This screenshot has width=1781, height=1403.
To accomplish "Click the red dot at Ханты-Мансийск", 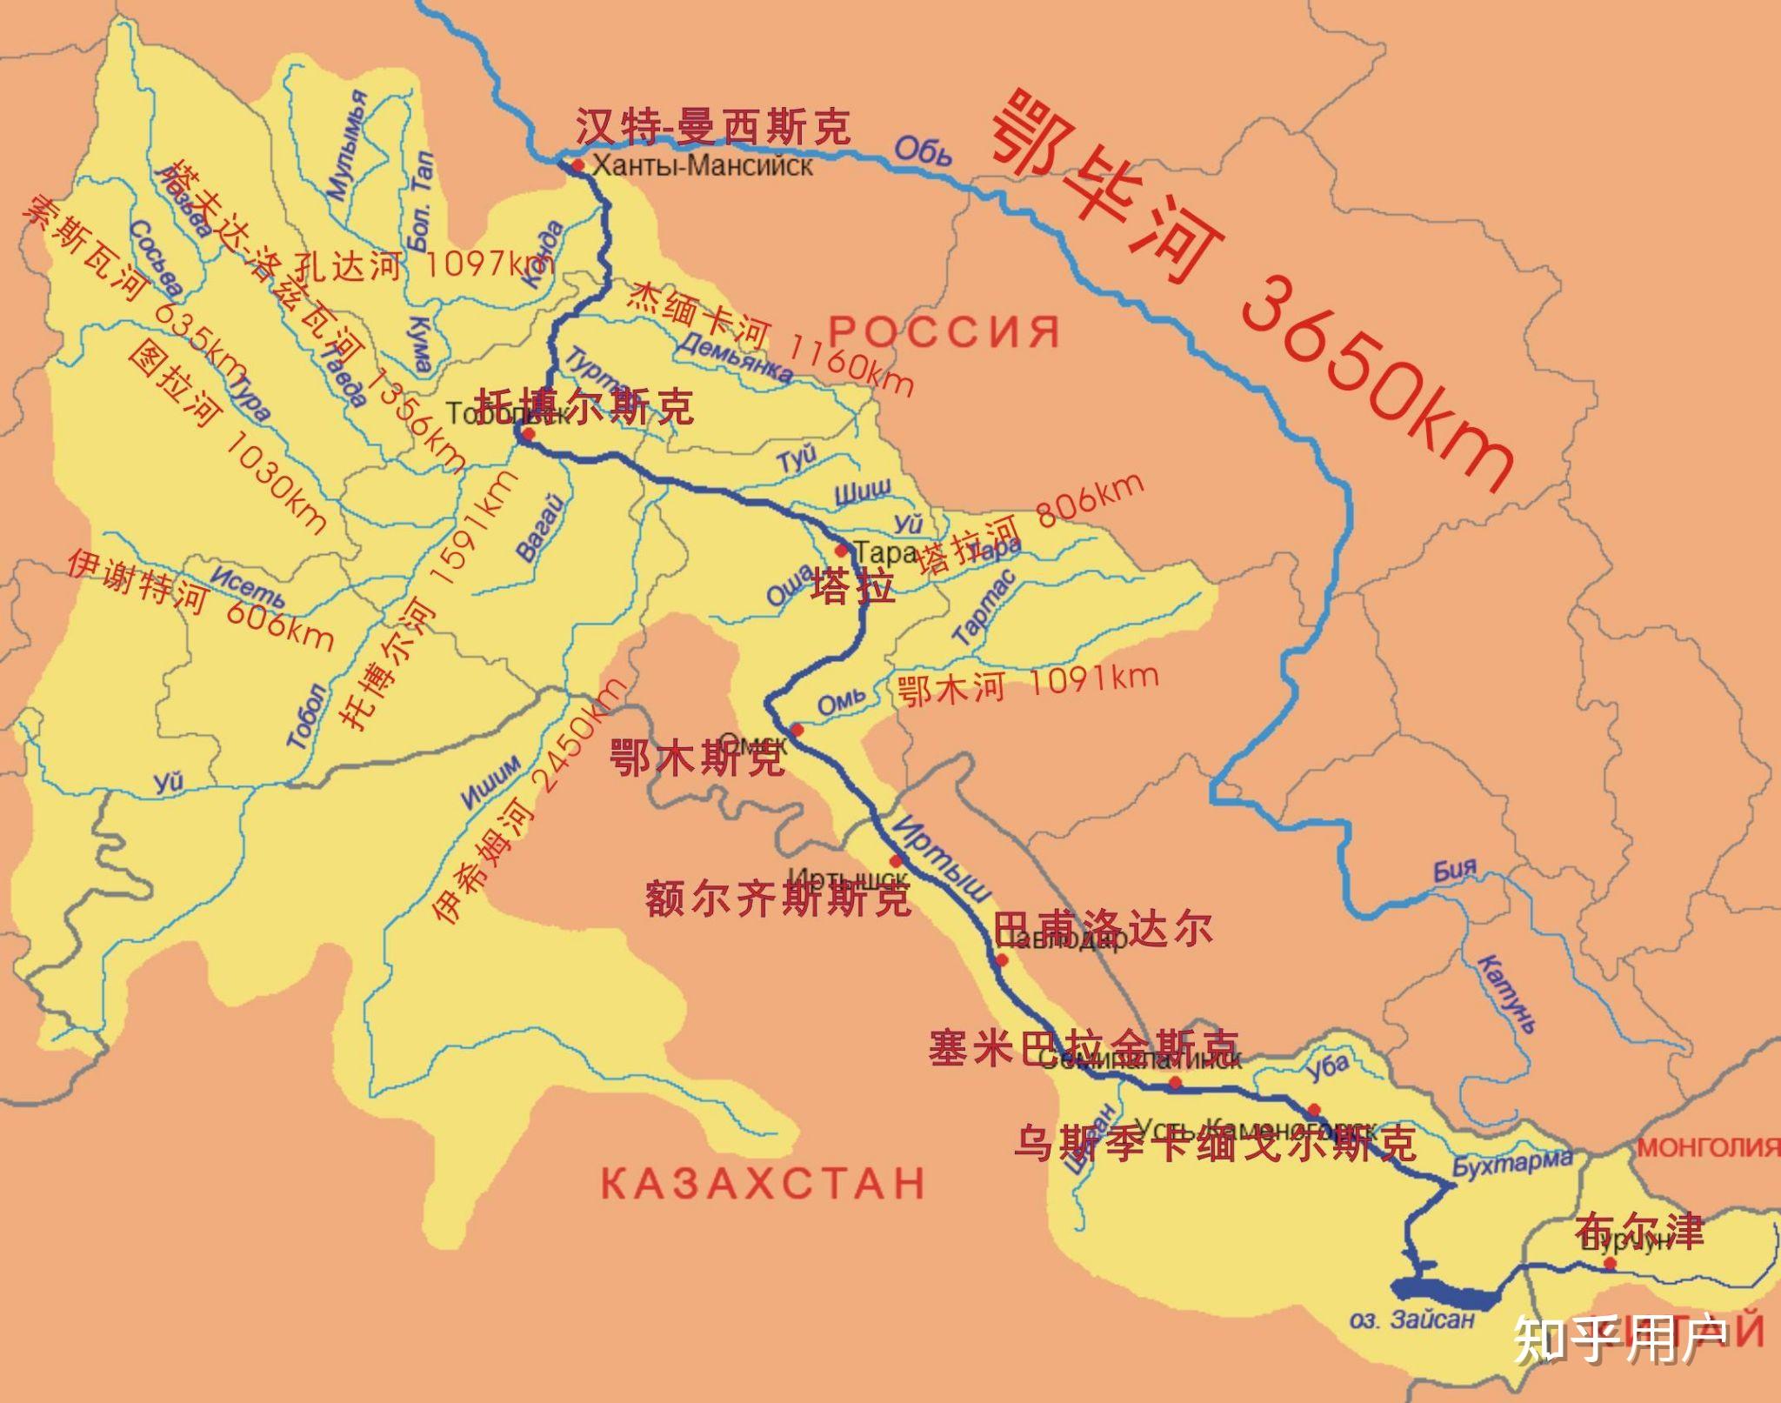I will point(577,164).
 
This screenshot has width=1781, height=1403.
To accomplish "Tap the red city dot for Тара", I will point(841,550).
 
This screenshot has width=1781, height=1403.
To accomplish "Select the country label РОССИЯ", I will point(945,331).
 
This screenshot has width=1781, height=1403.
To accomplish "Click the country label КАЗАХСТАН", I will point(764,1184).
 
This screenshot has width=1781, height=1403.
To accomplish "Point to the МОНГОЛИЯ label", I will point(1709,1147).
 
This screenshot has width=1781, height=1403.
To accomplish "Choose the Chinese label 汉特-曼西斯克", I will point(713,127).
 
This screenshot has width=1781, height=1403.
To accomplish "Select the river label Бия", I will point(1455,869).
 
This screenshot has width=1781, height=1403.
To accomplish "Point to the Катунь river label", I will point(1508,992).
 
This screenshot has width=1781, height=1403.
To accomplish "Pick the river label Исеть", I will point(248,587).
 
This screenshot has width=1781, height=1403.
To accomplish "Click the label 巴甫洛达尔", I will point(1102,928).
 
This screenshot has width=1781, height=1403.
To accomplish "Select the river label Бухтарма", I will point(1512,1162).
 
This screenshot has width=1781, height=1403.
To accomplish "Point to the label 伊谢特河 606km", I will point(200,599).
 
